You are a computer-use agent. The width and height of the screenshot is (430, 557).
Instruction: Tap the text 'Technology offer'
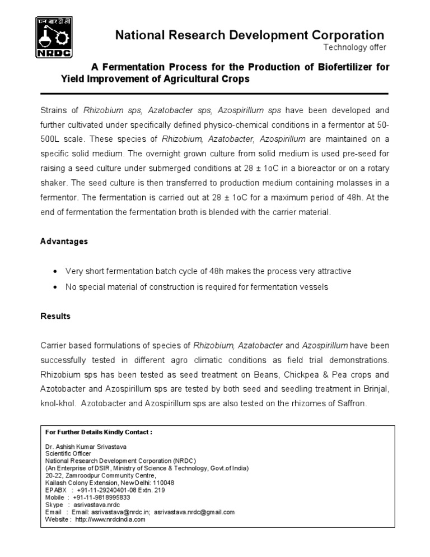pos(355,47)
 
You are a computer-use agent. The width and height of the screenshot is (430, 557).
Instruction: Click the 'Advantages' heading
pos(64,242)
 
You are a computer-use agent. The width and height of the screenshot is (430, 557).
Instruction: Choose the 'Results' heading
pos(55,316)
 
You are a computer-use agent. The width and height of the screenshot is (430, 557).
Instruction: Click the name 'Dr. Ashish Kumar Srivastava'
pos(86,447)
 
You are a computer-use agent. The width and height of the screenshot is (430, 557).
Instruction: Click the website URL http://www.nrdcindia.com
pos(110,519)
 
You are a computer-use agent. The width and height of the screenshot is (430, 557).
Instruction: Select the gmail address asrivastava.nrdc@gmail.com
pos(194,512)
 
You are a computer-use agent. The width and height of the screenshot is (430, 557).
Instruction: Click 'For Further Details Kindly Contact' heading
pos(99,433)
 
